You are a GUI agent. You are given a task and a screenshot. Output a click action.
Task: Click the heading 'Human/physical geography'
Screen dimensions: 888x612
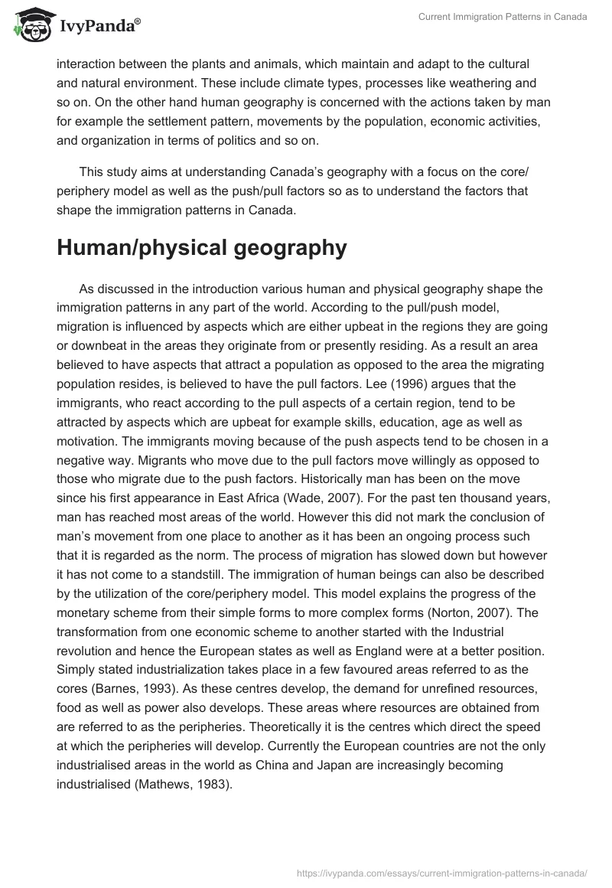click(191, 247)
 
